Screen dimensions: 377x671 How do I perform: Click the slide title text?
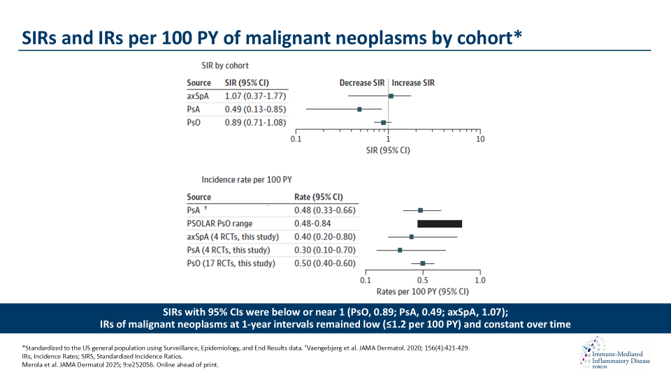(270, 38)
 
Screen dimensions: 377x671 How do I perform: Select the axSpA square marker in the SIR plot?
(391, 96)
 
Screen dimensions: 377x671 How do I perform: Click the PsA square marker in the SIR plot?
(359, 109)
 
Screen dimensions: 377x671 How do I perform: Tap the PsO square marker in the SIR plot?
(383, 122)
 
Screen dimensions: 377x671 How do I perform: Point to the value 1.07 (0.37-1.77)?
(254, 96)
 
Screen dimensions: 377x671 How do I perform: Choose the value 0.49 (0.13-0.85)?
(254, 109)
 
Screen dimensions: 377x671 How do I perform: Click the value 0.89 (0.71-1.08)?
(254, 122)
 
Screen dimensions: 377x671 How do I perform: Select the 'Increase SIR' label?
(413, 82)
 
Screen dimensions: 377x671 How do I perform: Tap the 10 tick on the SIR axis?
(480, 138)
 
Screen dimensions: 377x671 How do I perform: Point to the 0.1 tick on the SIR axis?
(296, 138)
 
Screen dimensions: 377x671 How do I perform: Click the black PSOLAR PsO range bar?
(440, 223)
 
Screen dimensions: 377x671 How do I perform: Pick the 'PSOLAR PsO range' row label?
(219, 223)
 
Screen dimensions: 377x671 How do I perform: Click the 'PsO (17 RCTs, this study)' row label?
(231, 263)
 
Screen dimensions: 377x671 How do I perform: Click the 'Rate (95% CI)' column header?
(318, 197)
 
